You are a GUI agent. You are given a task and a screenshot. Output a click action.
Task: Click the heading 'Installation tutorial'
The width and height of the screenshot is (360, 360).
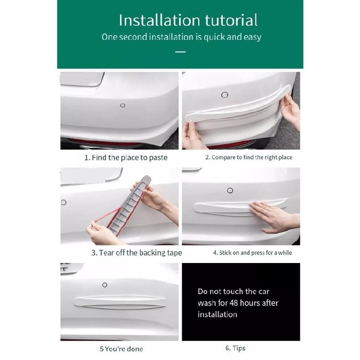(x=188, y=20)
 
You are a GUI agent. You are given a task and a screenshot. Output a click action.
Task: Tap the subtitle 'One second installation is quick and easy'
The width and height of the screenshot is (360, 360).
(x=181, y=37)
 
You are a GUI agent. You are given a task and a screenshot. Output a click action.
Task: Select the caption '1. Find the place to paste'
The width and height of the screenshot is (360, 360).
(x=126, y=157)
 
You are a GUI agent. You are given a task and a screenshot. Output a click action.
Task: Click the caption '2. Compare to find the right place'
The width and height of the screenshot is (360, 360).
(x=249, y=157)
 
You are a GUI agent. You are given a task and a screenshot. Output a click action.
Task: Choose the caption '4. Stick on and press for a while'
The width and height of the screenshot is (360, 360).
(x=252, y=252)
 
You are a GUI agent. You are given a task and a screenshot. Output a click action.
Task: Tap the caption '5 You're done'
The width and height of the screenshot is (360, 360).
(x=121, y=349)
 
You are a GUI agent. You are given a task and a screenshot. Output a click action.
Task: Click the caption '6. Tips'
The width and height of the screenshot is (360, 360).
(x=235, y=348)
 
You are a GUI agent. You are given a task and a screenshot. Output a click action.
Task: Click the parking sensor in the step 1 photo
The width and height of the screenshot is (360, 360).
(x=122, y=105)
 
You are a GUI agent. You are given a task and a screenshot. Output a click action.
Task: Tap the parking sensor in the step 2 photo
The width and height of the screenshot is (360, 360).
(x=225, y=95)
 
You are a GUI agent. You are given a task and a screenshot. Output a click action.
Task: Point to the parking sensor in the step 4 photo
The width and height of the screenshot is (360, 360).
(x=230, y=191)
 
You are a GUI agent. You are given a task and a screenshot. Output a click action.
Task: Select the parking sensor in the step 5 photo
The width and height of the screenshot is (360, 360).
(x=105, y=285)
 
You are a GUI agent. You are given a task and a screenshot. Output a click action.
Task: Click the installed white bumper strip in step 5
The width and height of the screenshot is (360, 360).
(x=120, y=301)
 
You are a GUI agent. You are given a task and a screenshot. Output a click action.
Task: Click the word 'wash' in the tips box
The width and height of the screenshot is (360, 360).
(x=207, y=303)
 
